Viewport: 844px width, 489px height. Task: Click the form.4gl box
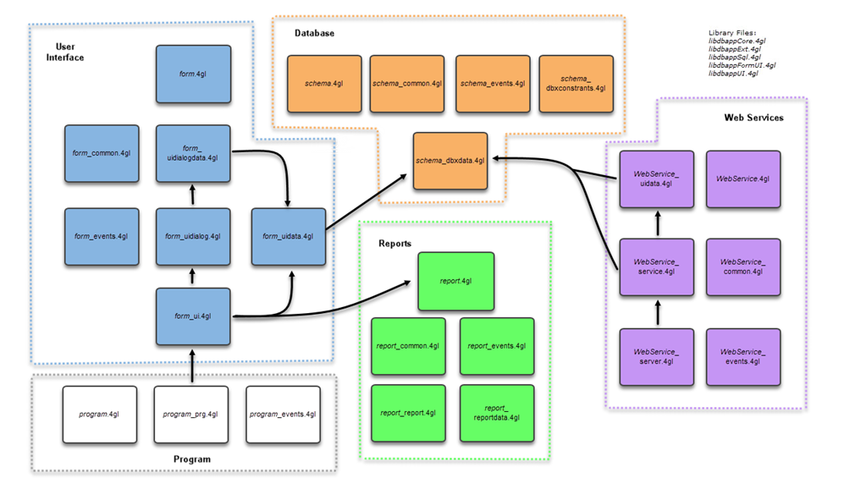pyautogui.click(x=193, y=74)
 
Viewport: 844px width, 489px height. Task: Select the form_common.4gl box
pyautogui.click(x=102, y=153)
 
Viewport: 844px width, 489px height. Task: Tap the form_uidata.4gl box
pyautogui.click(x=289, y=236)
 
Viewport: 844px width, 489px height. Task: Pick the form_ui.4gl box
pyautogui.click(x=193, y=316)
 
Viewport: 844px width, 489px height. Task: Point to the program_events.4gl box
pyautogui.click(x=283, y=414)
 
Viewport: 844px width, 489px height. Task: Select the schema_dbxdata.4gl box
pyautogui.click(x=450, y=161)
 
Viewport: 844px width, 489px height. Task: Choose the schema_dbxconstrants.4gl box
pyautogui.click(x=576, y=84)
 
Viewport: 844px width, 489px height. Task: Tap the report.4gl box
pyautogui.click(x=455, y=281)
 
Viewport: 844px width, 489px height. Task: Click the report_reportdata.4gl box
pyautogui.click(x=497, y=412)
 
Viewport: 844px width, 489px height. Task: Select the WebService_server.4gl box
pyautogui.click(x=657, y=355)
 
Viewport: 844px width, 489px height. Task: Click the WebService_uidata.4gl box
pyautogui.click(x=657, y=179)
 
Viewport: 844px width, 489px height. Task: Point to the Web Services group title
pyautogui.click(x=753, y=118)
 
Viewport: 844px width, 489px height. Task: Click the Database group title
pyautogui.click(x=314, y=33)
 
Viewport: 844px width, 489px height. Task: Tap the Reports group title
pyautogui.click(x=394, y=244)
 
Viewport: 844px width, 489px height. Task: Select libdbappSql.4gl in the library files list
pyautogui.click(x=735, y=57)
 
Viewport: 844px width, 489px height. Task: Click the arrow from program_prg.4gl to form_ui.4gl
pyautogui.click(x=193, y=365)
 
